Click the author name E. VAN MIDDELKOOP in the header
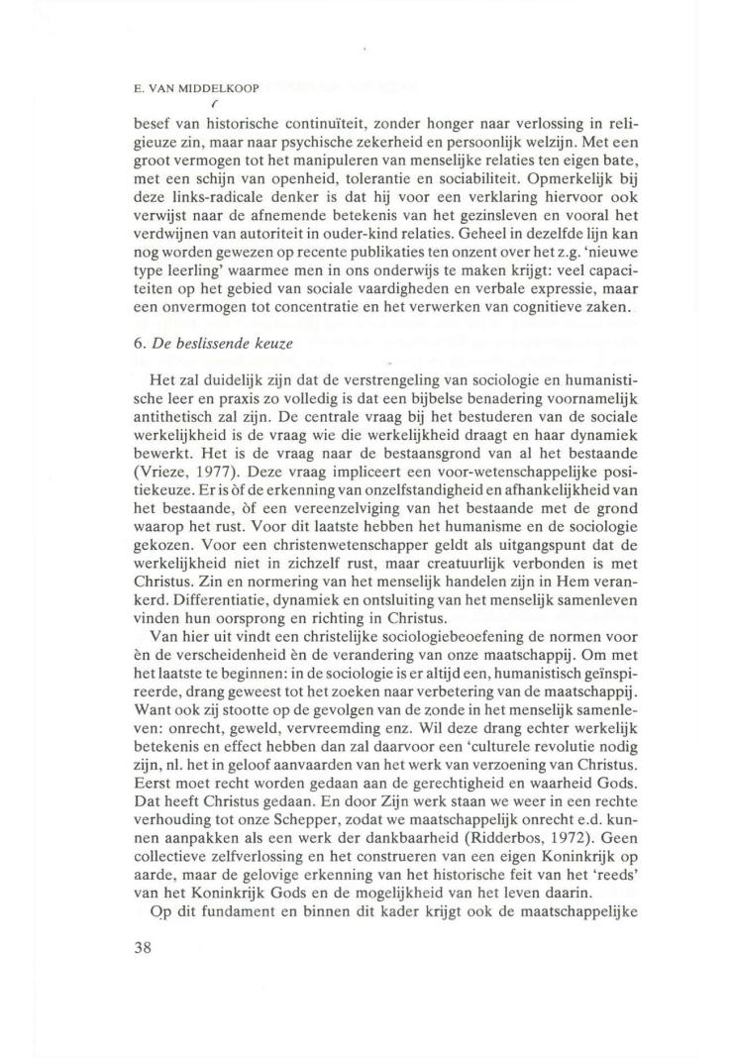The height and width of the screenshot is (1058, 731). (x=197, y=88)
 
